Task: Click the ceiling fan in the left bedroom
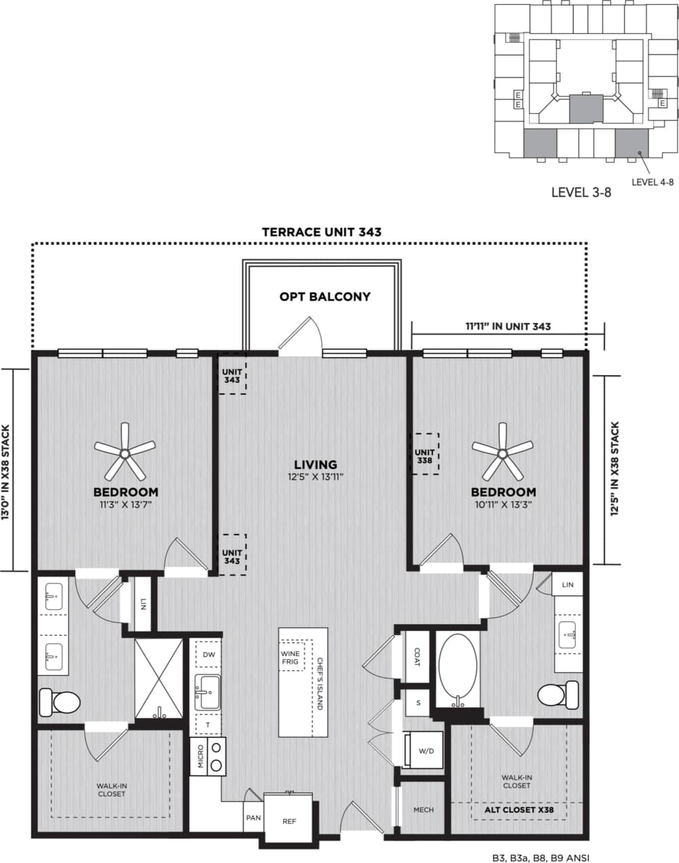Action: click(x=124, y=452)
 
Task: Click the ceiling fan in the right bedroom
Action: click(x=502, y=452)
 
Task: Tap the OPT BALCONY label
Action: click(x=325, y=296)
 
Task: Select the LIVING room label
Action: click(x=316, y=465)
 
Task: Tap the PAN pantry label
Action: click(x=253, y=818)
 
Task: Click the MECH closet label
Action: click(x=423, y=809)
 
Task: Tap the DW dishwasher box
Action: click(x=208, y=655)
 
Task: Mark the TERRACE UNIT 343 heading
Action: click(x=322, y=232)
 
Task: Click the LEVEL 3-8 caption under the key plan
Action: click(x=581, y=192)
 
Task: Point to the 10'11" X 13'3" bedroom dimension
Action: click(x=503, y=505)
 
